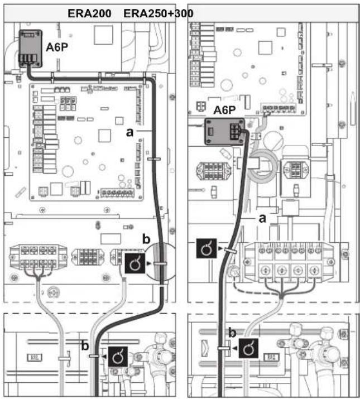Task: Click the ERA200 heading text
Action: pos(89,13)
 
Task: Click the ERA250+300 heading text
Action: pos(159,13)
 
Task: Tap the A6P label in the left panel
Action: pos(57,47)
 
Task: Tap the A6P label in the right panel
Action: pos(224,110)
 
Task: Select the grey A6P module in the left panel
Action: pos(31,49)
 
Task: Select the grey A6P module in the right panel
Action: pos(225,131)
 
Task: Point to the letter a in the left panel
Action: pos(129,132)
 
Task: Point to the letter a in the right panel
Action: pos(262,218)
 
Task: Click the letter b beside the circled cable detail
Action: pos(146,239)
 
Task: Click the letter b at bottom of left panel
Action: pos(85,345)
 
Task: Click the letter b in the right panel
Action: pos(232,333)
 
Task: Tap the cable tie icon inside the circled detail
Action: pos(135,263)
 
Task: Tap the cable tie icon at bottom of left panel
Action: pos(118,357)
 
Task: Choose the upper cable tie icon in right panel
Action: pos(207,248)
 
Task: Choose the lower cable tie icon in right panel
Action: pos(248,348)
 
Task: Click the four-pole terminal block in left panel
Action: pos(38,257)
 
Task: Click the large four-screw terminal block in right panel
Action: pos(289,263)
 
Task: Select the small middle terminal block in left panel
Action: pos(88,257)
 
